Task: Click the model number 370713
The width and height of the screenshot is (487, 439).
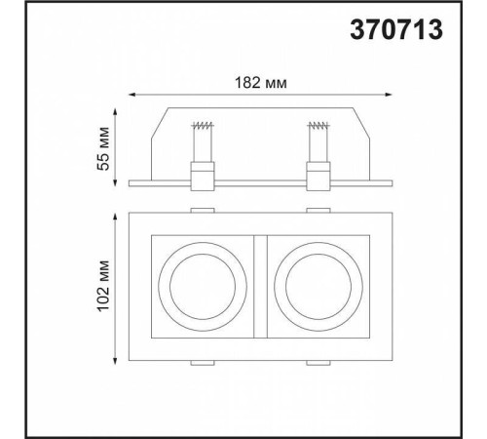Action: pos(396,29)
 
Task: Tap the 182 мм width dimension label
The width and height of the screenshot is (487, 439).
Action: pos(261,83)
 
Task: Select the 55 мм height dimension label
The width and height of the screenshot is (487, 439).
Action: pos(103,148)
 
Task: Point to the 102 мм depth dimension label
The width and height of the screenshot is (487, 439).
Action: pos(103,286)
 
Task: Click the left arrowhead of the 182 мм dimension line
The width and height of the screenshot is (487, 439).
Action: pos(131,95)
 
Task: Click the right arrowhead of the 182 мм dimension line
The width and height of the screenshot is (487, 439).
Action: pos(389,95)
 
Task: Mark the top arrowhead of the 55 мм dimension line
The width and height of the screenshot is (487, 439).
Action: pos(115,111)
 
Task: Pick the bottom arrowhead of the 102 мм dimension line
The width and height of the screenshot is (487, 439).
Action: pos(115,361)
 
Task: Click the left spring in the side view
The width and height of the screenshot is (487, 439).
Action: pos(203,125)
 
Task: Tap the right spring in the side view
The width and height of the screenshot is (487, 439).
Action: pos(318,125)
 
